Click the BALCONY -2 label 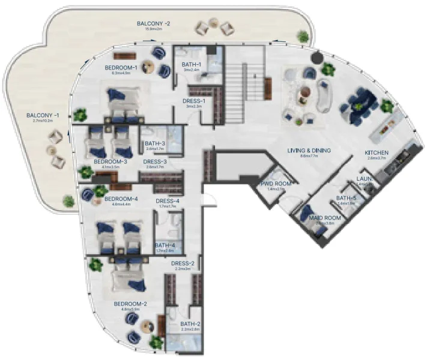coord(154,24)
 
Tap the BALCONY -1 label coord(43,115)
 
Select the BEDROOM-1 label coord(121,67)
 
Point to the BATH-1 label coord(192,64)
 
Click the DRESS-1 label coord(194,101)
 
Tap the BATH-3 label coord(154,143)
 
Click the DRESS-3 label coord(155,161)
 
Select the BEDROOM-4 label coord(121,199)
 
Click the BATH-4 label coord(165,245)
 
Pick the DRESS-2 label coord(183,263)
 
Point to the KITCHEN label coord(377,152)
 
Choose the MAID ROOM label coord(325,218)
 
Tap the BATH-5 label coord(347,198)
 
